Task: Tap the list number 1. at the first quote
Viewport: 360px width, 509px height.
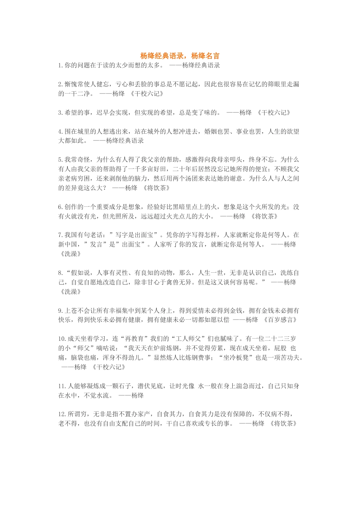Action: pos(61,66)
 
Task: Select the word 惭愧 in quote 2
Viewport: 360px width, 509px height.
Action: pos(71,84)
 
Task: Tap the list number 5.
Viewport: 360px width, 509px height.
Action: pos(61,160)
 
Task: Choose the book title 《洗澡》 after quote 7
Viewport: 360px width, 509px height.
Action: pos(70,254)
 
